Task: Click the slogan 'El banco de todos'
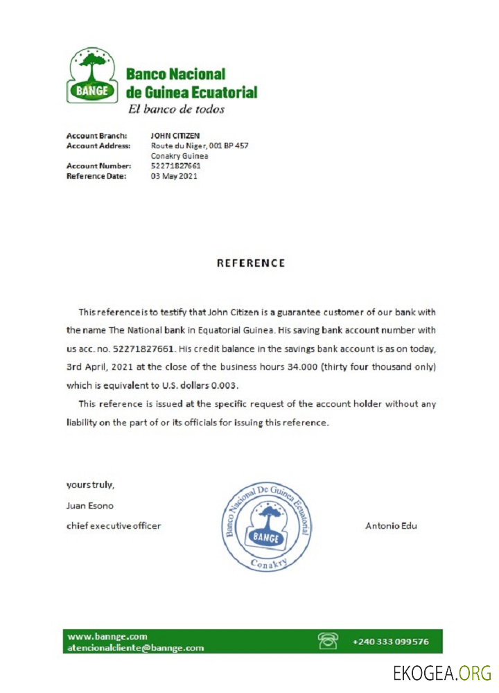[x=175, y=109]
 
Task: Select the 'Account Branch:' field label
[x=96, y=136]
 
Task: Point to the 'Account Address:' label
[x=98, y=146]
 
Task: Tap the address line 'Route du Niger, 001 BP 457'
[x=200, y=146]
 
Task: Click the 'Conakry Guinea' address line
[x=180, y=156]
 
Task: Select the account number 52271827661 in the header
[x=175, y=166]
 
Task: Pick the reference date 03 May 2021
[x=174, y=176]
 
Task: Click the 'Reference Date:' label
[x=96, y=176]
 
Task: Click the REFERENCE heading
[x=251, y=263]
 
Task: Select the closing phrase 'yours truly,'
[x=90, y=484]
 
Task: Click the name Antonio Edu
[x=391, y=525]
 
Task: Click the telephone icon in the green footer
[x=327, y=640]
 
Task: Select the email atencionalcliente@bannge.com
[x=135, y=648]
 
